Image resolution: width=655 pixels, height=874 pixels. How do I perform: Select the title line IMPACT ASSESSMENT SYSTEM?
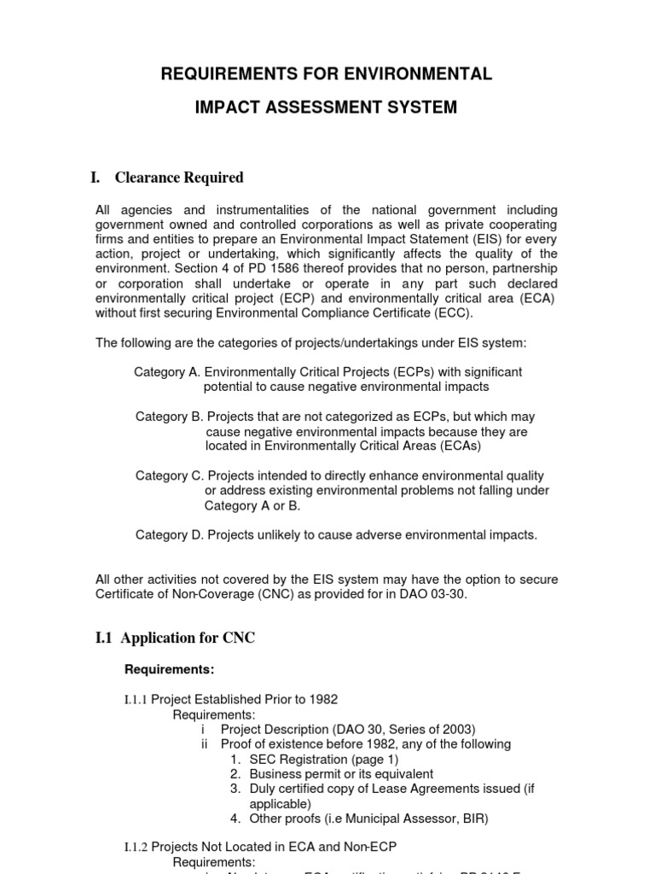pyautogui.click(x=327, y=108)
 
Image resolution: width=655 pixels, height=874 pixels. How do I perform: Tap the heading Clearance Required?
pyautogui.click(x=179, y=178)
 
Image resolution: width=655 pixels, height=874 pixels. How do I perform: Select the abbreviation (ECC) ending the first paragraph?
pyautogui.click(x=451, y=312)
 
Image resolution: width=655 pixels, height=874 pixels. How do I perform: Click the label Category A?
pyautogui.click(x=167, y=372)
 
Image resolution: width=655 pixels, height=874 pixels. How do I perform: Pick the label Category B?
pyautogui.click(x=168, y=417)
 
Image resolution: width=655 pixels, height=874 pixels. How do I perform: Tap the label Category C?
pyautogui.click(x=168, y=475)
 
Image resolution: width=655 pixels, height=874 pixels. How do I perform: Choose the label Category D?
pyautogui.click(x=168, y=535)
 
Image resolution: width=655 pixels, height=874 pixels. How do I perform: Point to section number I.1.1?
pyautogui.click(x=136, y=700)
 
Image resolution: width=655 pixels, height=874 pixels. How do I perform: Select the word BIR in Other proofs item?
pyautogui.click(x=474, y=819)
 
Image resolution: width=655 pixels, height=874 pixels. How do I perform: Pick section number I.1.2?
pyautogui.click(x=136, y=848)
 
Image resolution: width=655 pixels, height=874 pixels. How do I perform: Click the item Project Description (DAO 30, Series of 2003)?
pyautogui.click(x=347, y=729)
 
